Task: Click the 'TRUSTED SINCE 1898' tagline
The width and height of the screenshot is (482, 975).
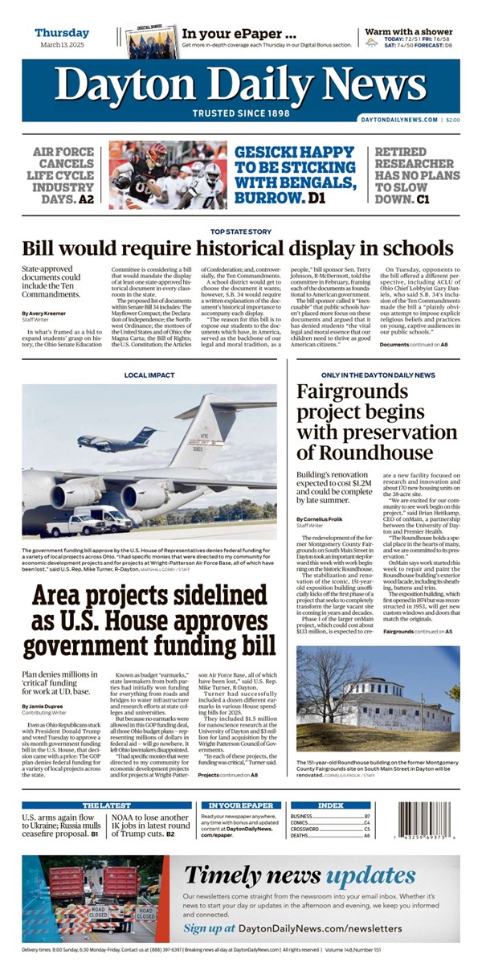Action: pyautogui.click(x=240, y=113)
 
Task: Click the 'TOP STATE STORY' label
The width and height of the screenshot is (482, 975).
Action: pyautogui.click(x=240, y=233)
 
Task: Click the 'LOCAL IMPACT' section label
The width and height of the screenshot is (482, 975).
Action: pyautogui.click(x=149, y=375)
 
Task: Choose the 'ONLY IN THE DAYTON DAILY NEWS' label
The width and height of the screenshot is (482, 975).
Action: pyautogui.click(x=378, y=375)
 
